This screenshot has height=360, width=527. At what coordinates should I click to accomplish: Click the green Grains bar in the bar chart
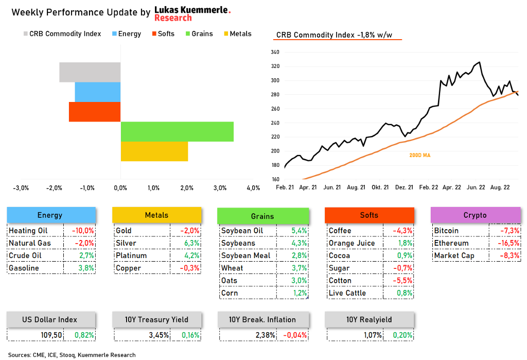177,131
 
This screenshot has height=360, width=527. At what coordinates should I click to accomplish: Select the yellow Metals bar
154,151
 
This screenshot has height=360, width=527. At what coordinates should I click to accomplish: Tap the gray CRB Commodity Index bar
90,72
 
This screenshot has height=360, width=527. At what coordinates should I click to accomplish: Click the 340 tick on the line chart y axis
274,52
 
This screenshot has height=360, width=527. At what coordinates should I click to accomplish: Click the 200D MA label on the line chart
420,155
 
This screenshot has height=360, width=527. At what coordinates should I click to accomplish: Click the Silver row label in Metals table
126,243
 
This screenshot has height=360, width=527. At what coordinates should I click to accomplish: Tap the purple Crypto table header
475,215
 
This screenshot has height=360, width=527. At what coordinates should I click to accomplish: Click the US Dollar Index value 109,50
51,335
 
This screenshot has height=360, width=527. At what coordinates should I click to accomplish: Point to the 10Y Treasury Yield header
156,319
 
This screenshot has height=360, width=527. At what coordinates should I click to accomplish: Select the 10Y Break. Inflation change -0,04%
295,335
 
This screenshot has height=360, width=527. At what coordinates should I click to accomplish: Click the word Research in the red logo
173,18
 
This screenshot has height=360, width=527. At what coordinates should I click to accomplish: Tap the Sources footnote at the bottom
72,355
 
